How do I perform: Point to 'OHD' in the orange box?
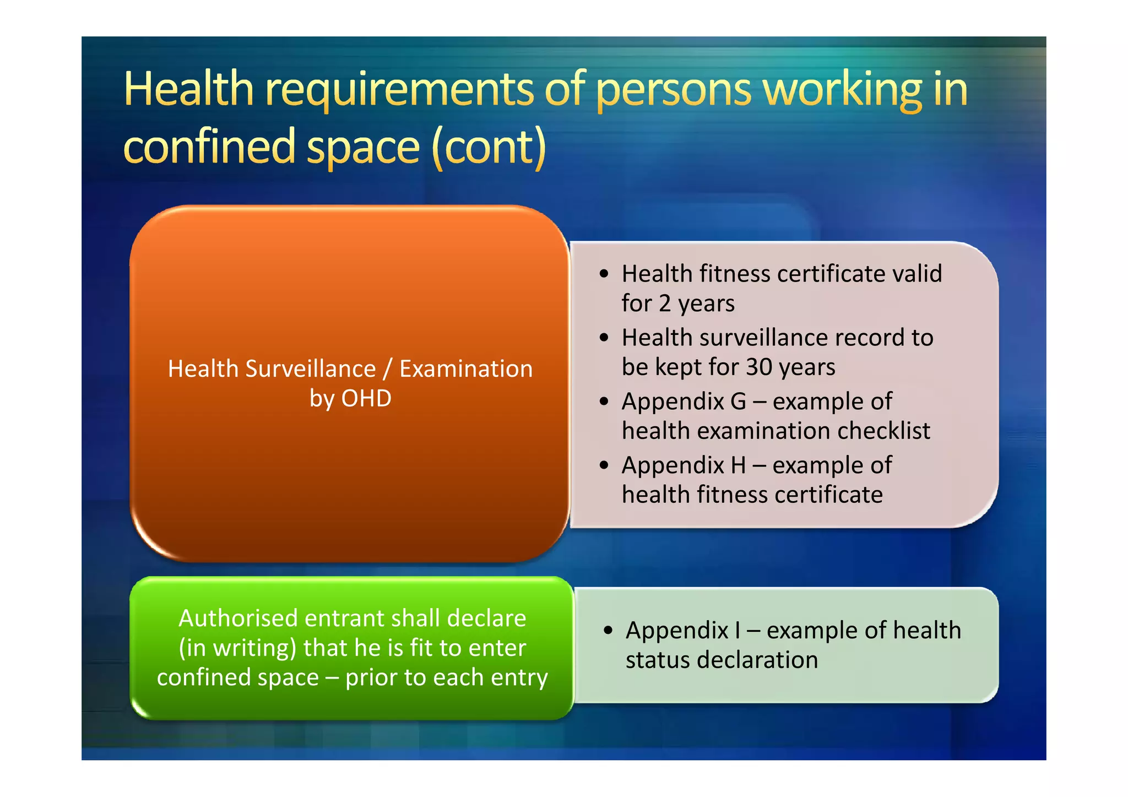[366, 398]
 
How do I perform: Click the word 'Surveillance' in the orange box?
[311, 368]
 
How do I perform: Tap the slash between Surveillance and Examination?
[388, 368]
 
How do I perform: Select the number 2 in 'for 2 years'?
[665, 303]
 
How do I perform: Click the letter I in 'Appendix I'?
[737, 630]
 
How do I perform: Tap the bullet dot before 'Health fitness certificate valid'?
[604, 274]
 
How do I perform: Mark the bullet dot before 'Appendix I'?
[608, 630]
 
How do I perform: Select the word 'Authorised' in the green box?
[238, 618]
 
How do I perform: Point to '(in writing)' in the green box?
[237, 648]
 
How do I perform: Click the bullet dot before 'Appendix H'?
[604, 465]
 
